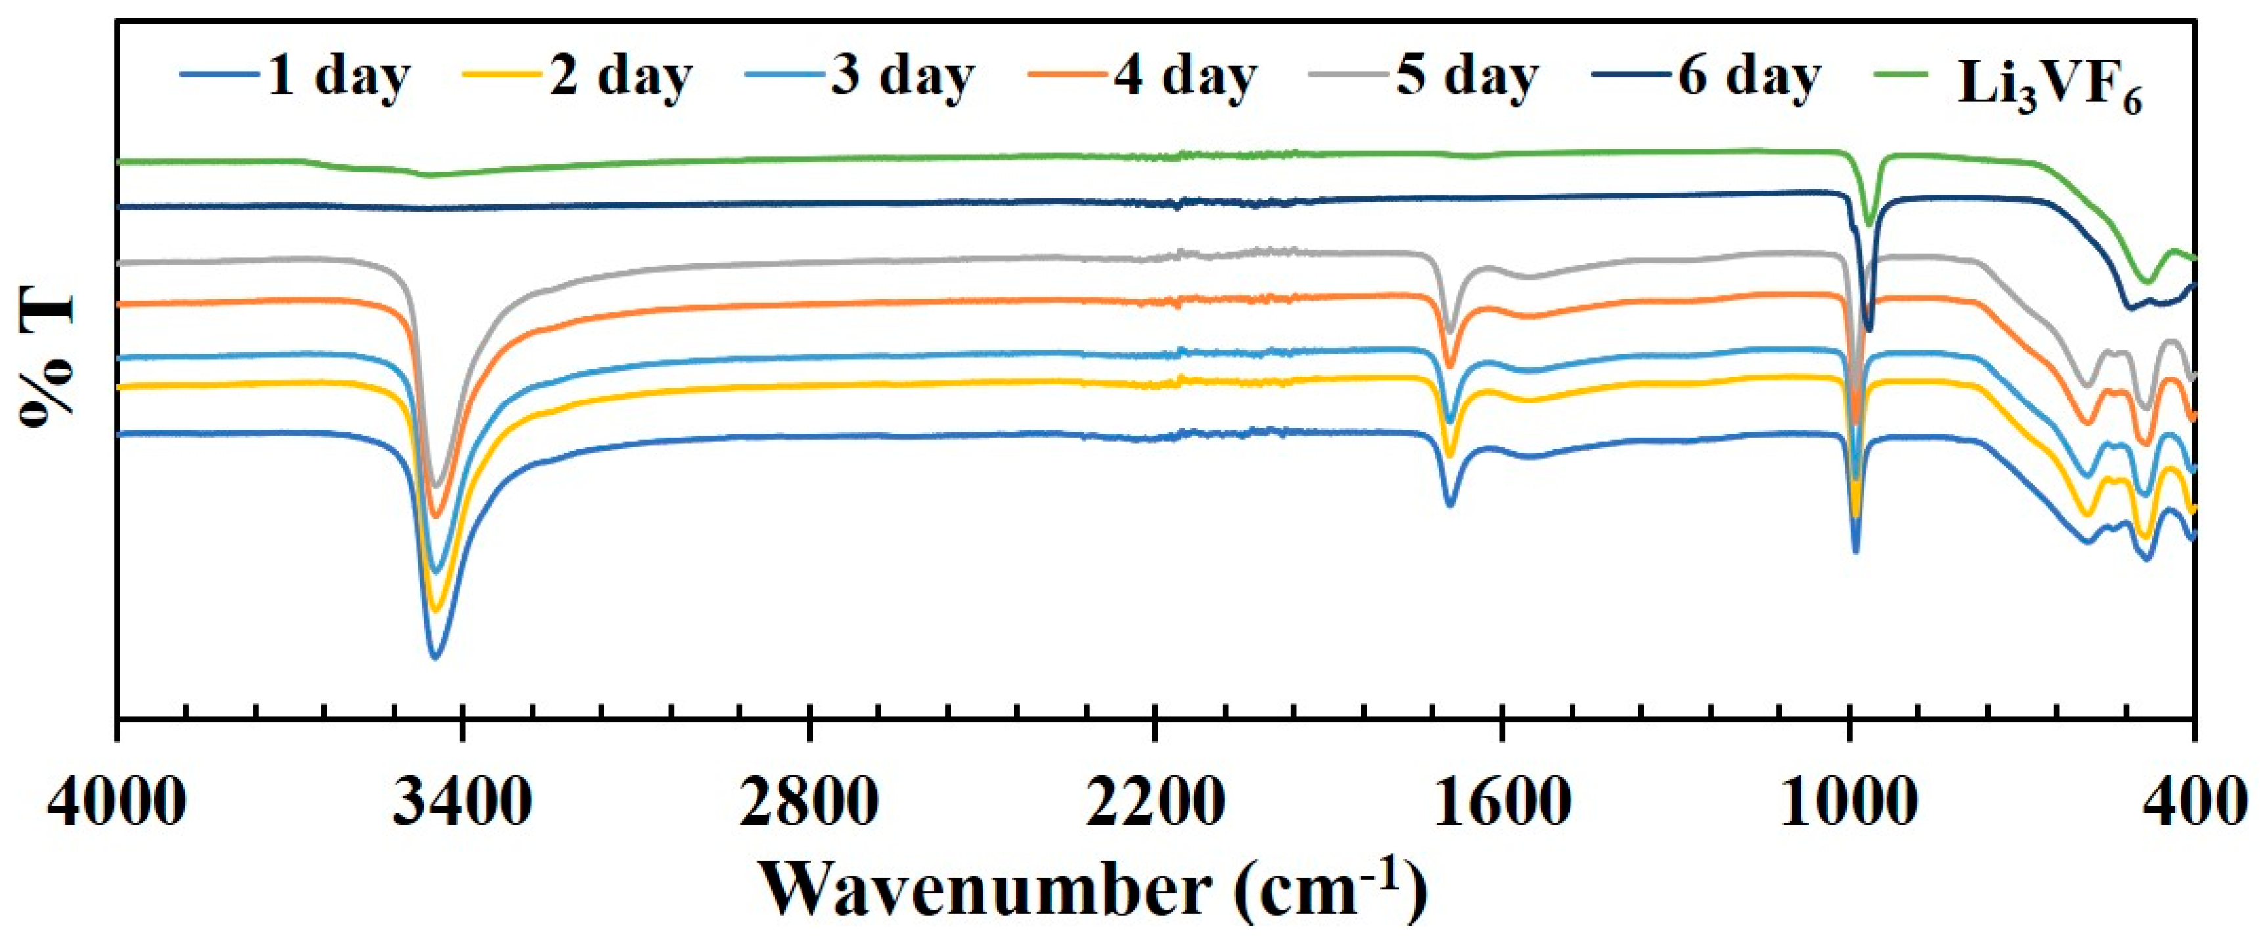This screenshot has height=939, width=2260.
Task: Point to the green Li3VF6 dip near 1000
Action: tap(1868, 224)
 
